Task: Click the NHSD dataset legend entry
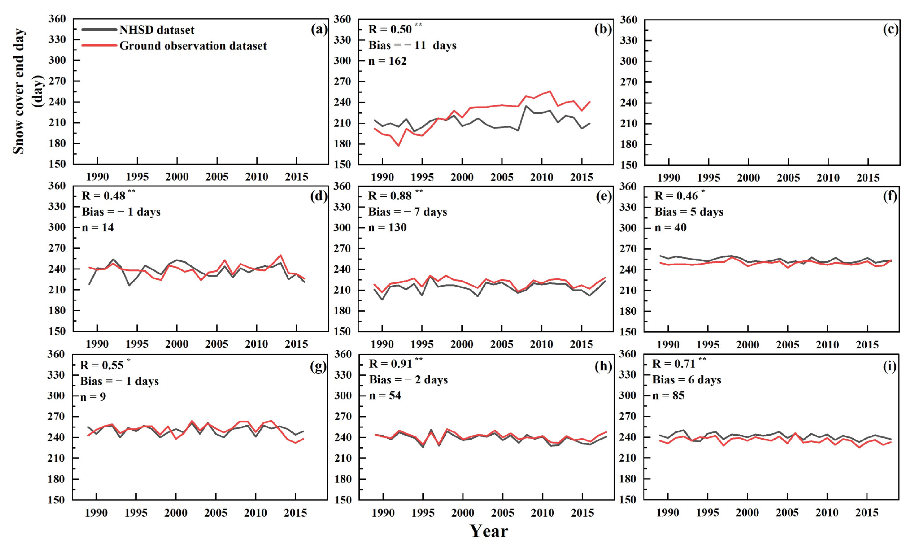[x=157, y=30]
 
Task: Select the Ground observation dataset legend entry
[x=193, y=46]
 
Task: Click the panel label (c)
[x=890, y=29]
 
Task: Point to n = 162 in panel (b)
[x=387, y=61]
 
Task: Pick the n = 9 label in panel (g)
[x=93, y=397]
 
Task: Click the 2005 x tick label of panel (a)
[x=217, y=177]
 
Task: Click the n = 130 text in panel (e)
[x=387, y=228]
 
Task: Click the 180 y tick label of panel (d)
[x=57, y=310]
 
